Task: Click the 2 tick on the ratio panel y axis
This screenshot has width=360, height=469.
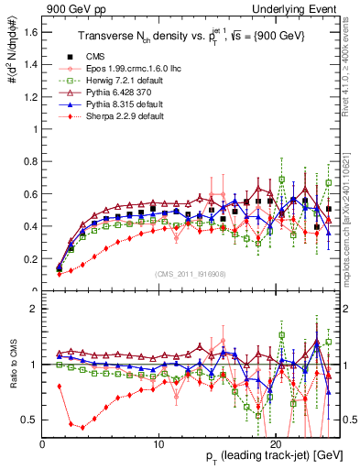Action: click(x=34, y=309)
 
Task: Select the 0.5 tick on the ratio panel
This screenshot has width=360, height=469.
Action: click(x=30, y=420)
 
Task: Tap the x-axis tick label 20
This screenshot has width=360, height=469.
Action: click(x=277, y=442)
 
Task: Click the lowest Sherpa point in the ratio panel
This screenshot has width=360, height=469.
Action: click(x=82, y=428)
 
